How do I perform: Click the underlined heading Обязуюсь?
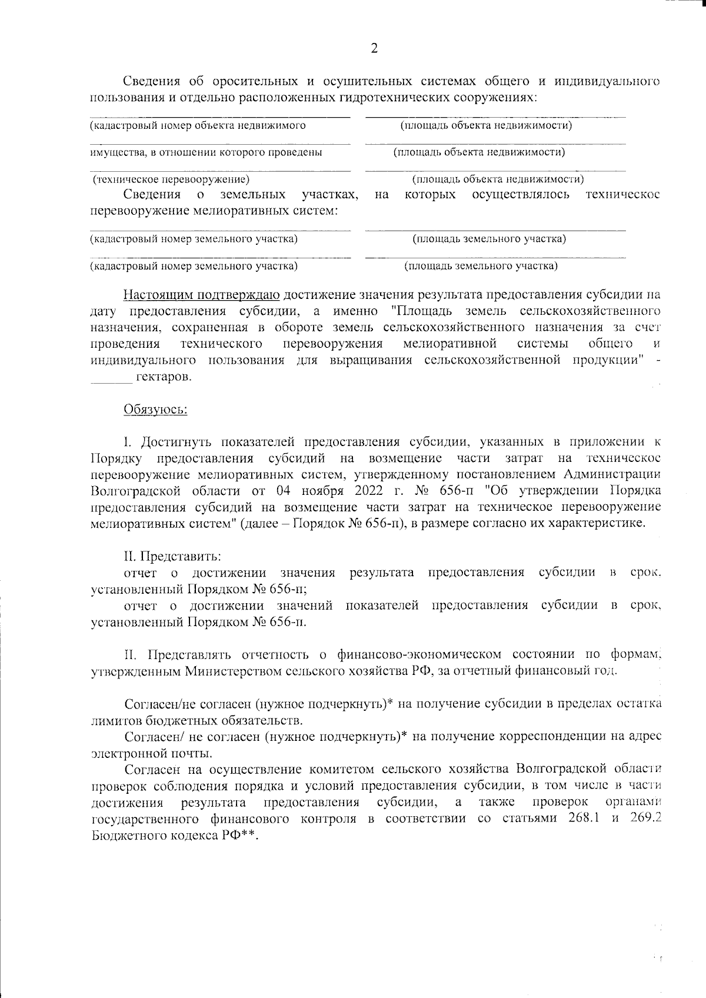(x=155, y=409)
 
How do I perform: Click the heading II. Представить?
(x=172, y=556)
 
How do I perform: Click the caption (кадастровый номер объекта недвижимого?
(x=198, y=125)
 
